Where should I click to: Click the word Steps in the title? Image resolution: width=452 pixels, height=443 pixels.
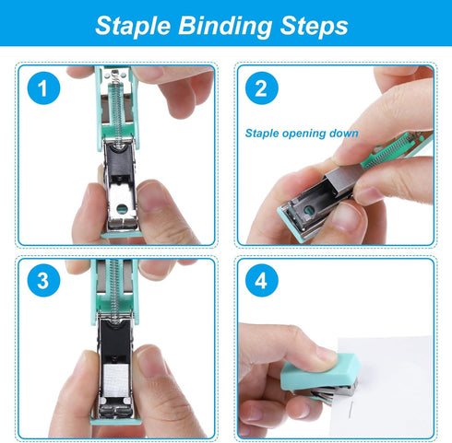coord(318,25)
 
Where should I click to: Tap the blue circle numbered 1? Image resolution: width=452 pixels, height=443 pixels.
coord(40,90)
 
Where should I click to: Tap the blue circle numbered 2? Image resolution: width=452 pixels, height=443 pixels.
coord(261,90)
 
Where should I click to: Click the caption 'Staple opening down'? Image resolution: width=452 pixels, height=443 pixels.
coord(302,133)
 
